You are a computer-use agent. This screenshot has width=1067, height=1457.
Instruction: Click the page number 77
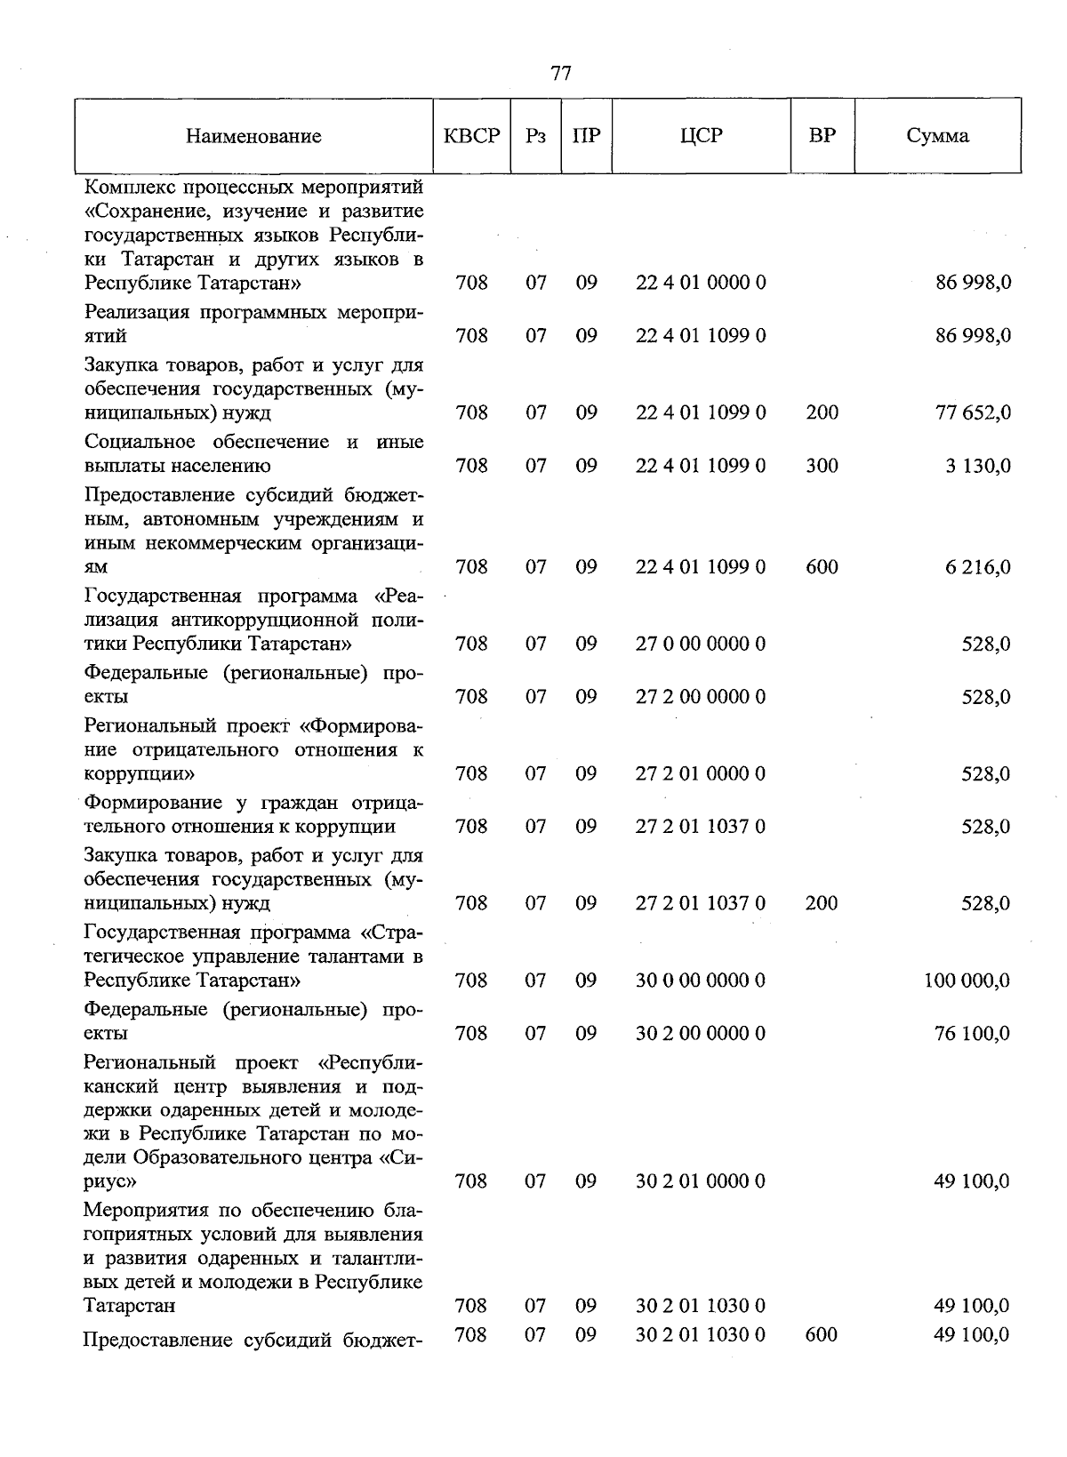561,73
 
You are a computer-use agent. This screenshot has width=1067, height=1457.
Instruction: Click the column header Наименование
253,136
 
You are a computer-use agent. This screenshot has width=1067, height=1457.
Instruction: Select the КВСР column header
471,136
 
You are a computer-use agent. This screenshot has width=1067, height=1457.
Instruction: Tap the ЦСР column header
701,136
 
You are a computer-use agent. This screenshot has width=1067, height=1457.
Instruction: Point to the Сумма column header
937,136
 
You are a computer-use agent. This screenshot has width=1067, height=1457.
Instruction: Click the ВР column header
822,136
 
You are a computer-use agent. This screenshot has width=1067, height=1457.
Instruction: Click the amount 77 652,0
973,412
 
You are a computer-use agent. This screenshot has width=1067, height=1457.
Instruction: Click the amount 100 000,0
967,981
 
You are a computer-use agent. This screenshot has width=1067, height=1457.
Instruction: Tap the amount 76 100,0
972,1033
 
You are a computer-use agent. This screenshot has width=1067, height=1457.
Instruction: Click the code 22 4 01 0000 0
701,283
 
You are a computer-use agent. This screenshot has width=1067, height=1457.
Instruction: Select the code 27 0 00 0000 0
701,644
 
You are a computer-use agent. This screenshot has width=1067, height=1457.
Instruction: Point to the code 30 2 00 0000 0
701,1033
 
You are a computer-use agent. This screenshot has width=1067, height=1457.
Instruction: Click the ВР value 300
822,466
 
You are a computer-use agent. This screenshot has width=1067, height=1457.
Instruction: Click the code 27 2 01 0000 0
701,773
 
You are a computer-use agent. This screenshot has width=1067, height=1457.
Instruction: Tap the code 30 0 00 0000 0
701,981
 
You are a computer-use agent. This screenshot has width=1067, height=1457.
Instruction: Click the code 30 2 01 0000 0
701,1181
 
